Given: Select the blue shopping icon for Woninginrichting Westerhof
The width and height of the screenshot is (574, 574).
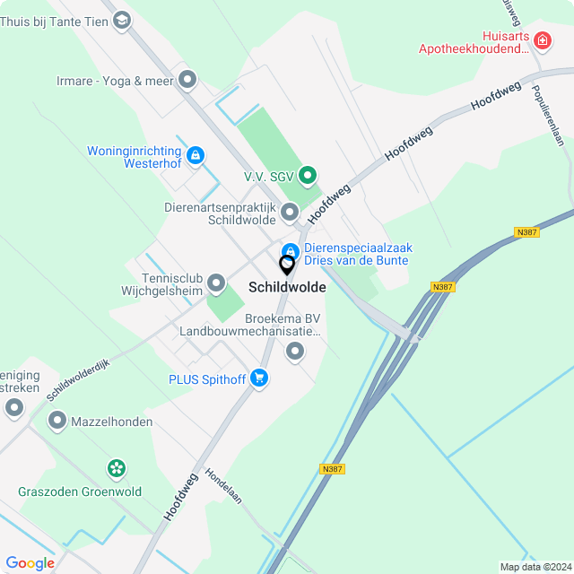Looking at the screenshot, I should coord(195,155).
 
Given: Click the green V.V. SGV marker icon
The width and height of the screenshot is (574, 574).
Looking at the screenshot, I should coord(308,175).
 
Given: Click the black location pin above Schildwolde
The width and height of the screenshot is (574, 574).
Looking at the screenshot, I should coord(287,265).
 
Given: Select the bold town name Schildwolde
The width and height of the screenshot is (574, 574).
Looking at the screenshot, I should coord(287,288).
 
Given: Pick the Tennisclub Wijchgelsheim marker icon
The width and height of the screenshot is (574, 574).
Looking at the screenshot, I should coord(216,284).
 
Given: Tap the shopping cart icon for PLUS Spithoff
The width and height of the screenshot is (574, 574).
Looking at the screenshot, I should coord(259,378).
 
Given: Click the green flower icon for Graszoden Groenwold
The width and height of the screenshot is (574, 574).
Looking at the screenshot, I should coord(116,467).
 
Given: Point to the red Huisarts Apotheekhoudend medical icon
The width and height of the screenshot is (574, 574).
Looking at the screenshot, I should coord(542,40).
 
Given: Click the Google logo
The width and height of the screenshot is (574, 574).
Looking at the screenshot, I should coord(30,562).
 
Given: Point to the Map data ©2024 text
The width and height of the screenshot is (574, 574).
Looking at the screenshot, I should coord(535,567).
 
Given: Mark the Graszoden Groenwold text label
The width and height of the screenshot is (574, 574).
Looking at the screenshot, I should coord(80,491).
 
